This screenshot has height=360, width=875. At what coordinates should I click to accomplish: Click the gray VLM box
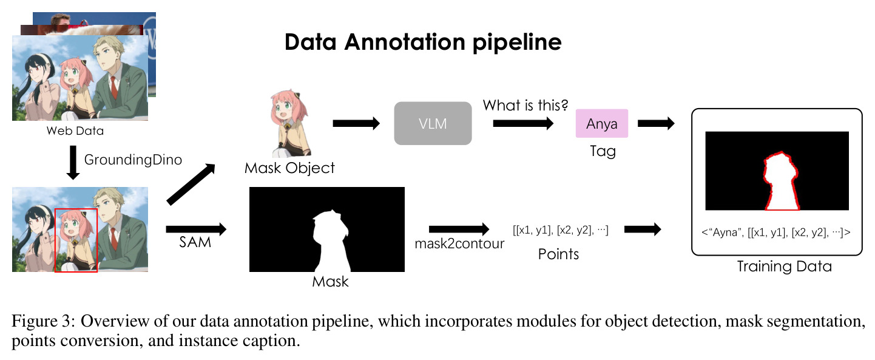(433, 123)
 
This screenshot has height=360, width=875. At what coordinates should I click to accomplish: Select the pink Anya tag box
(601, 123)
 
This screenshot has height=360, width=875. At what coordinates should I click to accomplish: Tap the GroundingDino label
(133, 160)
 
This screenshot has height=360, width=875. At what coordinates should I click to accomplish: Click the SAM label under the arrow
(195, 242)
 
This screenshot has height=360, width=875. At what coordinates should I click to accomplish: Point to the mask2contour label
(459, 243)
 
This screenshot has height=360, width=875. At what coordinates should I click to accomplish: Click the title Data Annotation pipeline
(423, 42)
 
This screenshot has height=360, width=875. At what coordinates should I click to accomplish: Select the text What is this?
(525, 105)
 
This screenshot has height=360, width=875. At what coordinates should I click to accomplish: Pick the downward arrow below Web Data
(73, 163)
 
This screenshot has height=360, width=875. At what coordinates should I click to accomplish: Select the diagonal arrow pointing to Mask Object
(191, 184)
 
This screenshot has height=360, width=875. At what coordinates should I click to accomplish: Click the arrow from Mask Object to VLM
(356, 123)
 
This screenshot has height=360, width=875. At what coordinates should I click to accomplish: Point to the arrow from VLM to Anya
(524, 123)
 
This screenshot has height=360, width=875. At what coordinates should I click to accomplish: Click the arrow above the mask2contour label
(459, 229)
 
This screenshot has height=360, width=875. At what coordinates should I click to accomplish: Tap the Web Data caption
(75, 131)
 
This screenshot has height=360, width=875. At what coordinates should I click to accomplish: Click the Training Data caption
(785, 266)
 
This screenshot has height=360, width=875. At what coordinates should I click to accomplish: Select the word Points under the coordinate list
(558, 254)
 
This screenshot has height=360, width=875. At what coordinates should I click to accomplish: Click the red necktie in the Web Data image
(113, 87)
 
